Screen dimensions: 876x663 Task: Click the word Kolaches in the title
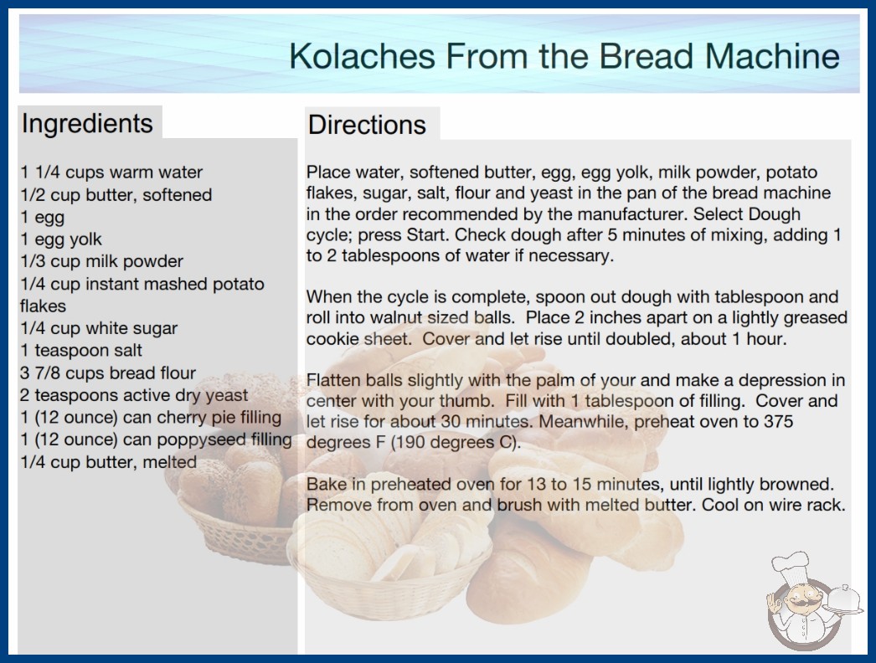tap(362, 56)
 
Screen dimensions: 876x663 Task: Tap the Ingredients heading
tap(87, 124)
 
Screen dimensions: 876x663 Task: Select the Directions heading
tap(367, 125)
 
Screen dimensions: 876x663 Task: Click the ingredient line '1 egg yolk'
tap(61, 239)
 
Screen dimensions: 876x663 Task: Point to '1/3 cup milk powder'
tap(101, 261)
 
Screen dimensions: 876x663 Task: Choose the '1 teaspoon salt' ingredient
tap(81, 350)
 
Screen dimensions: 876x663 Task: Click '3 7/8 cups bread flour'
tap(108, 373)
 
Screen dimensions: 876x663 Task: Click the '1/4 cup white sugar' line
tap(99, 328)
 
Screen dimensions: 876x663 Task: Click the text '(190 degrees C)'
tap(455, 442)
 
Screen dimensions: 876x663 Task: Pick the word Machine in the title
tap(771, 56)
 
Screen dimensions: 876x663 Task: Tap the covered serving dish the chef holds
tap(843, 601)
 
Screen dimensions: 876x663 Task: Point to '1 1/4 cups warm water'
tap(111, 172)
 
